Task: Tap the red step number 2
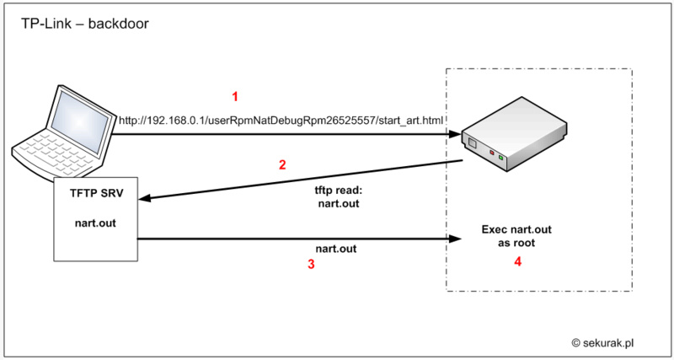pos(283,164)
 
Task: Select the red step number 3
pos(311,264)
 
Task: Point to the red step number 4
pos(518,262)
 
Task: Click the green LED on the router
pos(500,158)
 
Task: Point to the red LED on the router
pos(492,153)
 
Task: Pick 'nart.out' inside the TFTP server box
pos(95,223)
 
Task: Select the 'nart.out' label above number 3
pos(335,250)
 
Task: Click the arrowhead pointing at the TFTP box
pos(145,200)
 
